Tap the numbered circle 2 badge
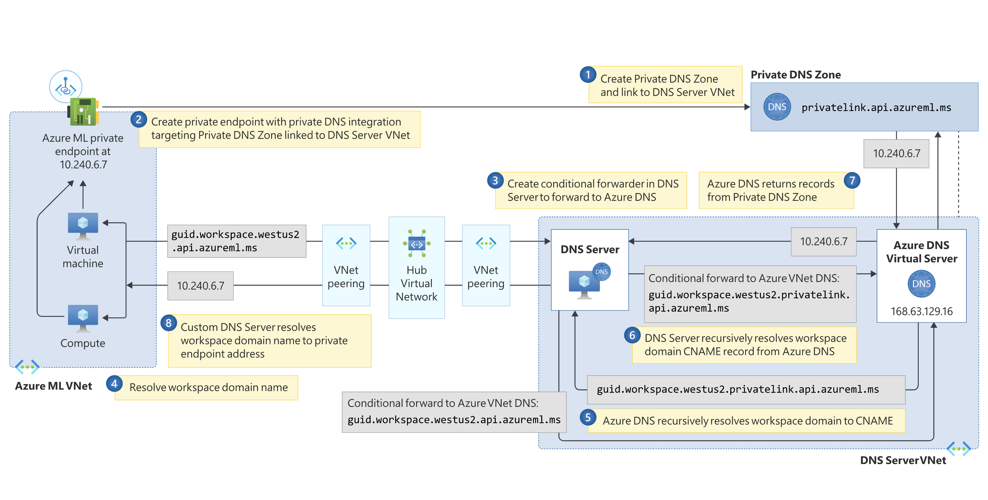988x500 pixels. click(139, 120)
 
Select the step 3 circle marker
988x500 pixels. click(495, 180)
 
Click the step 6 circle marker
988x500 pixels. click(632, 335)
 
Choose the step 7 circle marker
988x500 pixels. click(852, 180)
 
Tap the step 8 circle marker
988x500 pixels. click(168, 323)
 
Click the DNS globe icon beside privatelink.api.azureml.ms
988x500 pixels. click(777, 107)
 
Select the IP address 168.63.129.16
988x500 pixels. click(921, 311)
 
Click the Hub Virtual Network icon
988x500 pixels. click(417, 243)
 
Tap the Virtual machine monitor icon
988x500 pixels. click(83, 226)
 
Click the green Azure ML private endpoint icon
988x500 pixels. click(83, 112)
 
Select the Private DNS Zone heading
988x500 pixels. click(795, 75)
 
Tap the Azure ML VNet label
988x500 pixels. click(53, 386)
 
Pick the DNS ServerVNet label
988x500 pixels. click(903, 460)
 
